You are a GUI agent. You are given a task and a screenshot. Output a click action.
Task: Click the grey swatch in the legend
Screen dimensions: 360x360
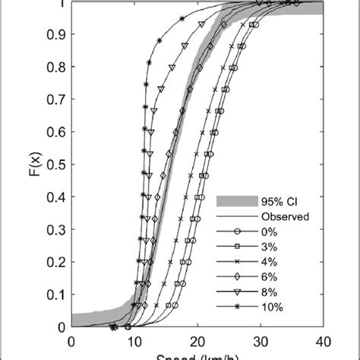coord(233,201)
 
